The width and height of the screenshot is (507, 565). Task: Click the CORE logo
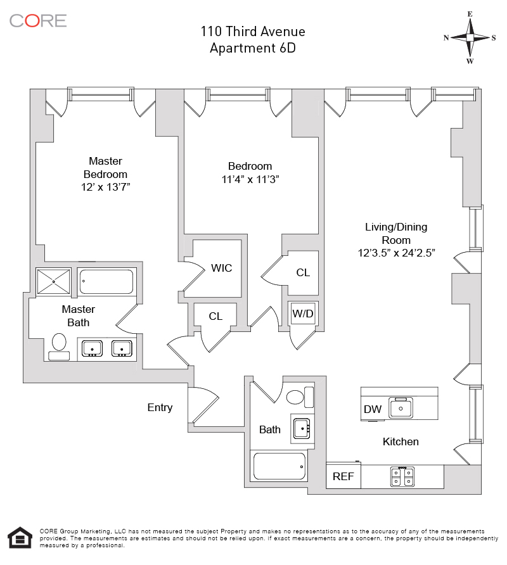point(38,21)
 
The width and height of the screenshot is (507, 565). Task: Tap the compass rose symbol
point(470,37)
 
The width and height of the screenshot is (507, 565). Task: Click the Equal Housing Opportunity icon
point(20,538)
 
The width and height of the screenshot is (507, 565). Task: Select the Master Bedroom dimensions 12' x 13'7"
point(105,187)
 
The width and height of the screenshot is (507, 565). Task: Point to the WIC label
point(221,268)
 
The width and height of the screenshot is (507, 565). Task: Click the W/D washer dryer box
point(303,313)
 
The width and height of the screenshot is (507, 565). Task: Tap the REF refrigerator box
point(343,476)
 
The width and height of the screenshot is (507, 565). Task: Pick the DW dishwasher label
point(373,409)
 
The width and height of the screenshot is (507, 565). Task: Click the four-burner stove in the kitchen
point(402,476)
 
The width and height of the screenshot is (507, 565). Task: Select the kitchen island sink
point(401,408)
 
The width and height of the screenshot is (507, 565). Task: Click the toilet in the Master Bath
point(59,346)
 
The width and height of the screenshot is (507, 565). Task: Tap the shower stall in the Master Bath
point(54,281)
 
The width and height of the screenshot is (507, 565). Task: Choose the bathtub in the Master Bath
point(106,281)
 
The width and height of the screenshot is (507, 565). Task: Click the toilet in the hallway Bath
point(300,397)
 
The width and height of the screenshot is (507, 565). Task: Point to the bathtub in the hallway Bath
point(279,466)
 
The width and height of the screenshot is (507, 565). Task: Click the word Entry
point(160,407)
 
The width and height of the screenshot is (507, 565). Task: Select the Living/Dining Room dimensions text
point(396,253)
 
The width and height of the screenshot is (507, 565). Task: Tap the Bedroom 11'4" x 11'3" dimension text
point(250,179)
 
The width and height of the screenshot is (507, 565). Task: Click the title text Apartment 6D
point(253,48)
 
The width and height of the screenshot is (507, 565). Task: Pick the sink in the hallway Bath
point(302,429)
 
